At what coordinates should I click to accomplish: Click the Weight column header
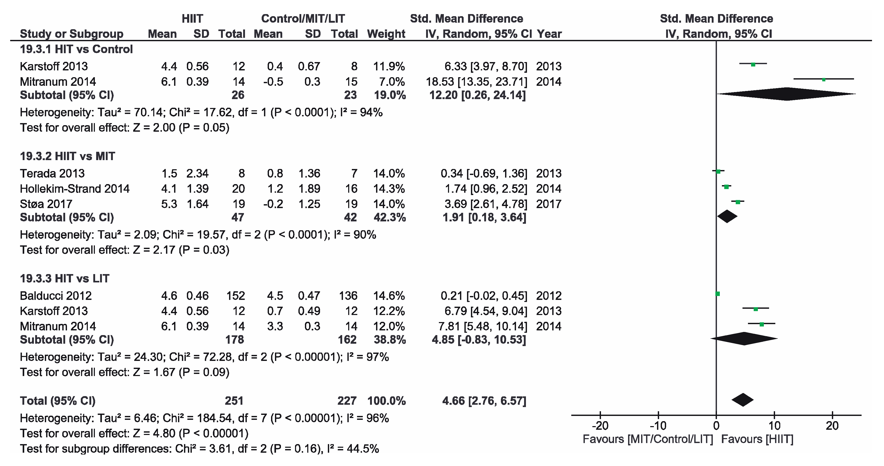(x=386, y=34)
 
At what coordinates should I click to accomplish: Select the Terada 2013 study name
(x=52, y=173)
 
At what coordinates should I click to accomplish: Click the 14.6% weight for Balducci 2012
(x=389, y=296)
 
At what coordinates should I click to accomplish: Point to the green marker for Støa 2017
(x=738, y=202)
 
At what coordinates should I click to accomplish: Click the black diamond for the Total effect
(x=742, y=400)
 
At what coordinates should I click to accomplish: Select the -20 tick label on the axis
(x=600, y=426)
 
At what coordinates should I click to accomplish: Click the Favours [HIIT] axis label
(x=757, y=439)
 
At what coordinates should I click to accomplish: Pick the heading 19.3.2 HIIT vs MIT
(x=67, y=156)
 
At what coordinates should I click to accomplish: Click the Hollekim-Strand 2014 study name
(x=75, y=189)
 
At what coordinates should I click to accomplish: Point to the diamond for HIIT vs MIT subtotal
(x=727, y=216)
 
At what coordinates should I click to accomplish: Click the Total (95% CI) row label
(x=58, y=401)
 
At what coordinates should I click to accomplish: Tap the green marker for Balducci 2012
(x=717, y=294)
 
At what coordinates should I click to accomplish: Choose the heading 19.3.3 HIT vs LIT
(x=65, y=279)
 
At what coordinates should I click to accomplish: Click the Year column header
(x=549, y=34)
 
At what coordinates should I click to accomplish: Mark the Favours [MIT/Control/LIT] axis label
(x=648, y=439)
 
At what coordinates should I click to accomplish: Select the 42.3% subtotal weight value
(x=390, y=217)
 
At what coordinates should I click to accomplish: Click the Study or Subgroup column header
(x=71, y=34)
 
